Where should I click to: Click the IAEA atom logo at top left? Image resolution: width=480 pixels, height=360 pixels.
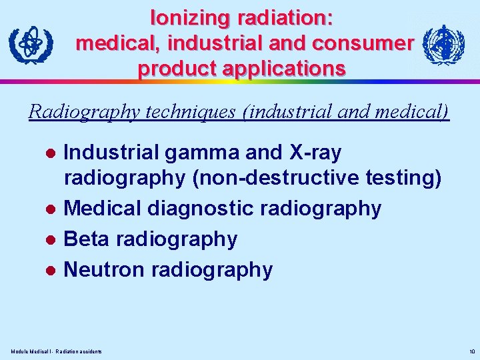[x=30, y=46]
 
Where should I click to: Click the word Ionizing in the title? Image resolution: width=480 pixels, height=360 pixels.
[x=189, y=18]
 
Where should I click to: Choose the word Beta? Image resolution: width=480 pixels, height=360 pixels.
[x=87, y=239]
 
